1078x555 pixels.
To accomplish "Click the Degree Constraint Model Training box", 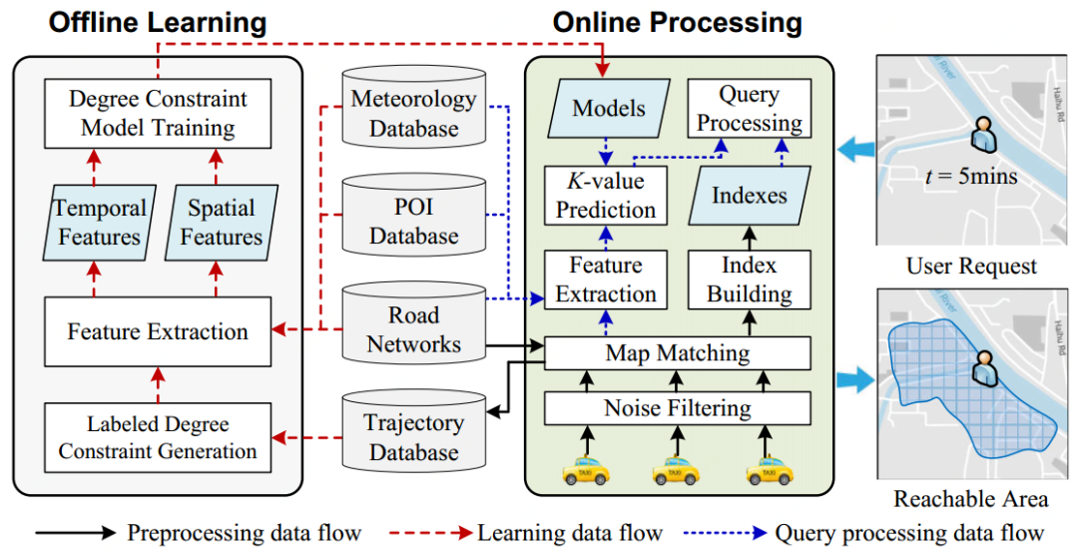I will point(158,114).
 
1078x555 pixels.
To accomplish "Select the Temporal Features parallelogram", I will point(99,223).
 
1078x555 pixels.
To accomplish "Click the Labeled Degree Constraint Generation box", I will point(158,437).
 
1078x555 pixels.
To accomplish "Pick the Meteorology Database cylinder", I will point(412,113).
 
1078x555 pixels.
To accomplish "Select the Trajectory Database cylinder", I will point(412,437).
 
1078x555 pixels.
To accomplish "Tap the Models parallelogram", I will point(608,109).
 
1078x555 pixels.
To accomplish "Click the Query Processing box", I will point(749,109).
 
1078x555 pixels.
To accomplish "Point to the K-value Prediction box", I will point(606,196).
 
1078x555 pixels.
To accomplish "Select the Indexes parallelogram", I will point(749,196).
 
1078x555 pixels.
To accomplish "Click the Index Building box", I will point(749,279).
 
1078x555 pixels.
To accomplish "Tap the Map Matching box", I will point(677,352).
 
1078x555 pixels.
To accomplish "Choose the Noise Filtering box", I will point(677,407).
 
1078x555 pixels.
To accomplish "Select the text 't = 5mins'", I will point(971,177).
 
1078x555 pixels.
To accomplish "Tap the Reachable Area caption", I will point(970,498).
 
